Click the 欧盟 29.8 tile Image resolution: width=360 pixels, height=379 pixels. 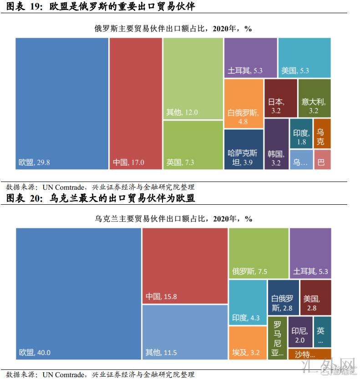click(62, 104)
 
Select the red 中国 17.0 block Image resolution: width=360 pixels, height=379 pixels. click(136, 104)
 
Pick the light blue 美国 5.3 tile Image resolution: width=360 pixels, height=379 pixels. click(304, 58)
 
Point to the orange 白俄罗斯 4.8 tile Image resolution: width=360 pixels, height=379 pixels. click(243, 104)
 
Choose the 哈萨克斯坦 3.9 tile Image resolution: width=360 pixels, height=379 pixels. click(243, 150)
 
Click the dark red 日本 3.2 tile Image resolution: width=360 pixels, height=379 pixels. click(280, 98)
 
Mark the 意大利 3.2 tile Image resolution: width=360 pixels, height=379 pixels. click(314, 98)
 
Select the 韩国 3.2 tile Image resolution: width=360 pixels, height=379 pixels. click(276, 144)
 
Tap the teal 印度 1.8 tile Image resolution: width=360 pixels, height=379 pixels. click(301, 134)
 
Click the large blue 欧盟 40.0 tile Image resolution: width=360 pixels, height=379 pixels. click(78, 293)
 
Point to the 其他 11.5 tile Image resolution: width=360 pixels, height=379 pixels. click(185, 332)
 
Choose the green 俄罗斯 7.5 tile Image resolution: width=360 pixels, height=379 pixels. click(259, 253)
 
